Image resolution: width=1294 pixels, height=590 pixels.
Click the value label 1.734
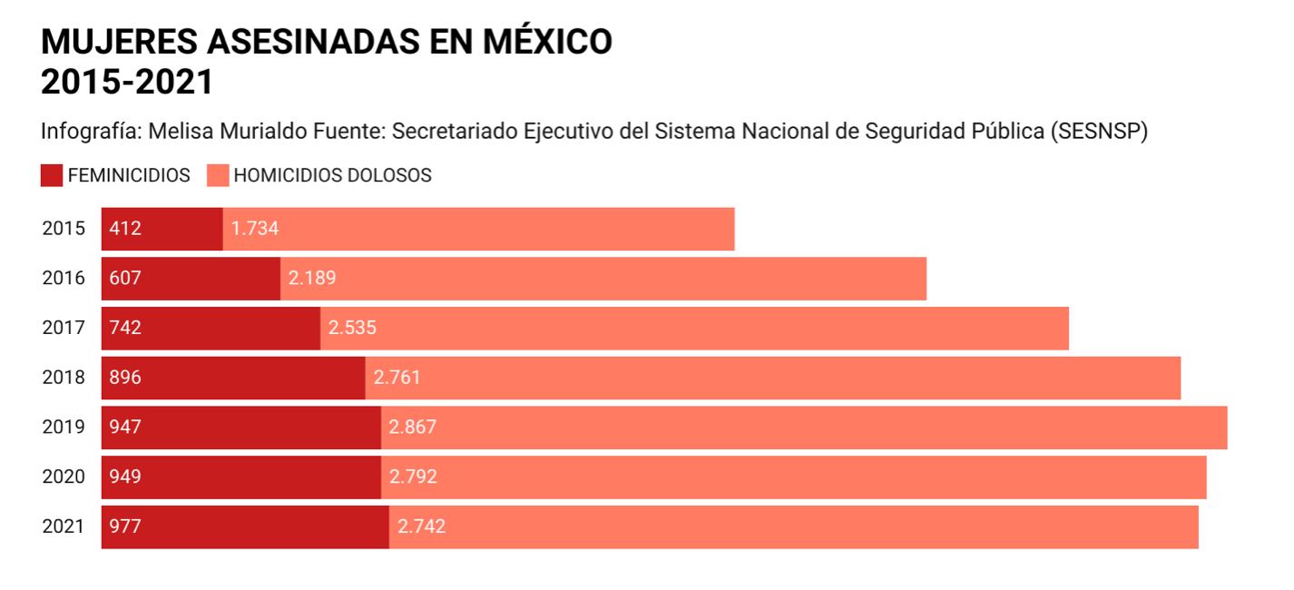pos(255,229)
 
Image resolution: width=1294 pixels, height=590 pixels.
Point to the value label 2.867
pos(413,428)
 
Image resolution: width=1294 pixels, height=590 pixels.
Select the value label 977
pos(125,526)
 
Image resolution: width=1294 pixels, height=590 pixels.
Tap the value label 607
pos(125,279)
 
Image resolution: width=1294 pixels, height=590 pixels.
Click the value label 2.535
pos(352,328)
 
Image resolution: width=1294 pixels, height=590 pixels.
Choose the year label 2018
pos(64,378)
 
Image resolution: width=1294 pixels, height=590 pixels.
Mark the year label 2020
pos(64,477)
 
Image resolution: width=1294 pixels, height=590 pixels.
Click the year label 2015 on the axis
pos(64,229)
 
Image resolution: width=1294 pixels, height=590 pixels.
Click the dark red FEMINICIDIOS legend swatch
pos(52,175)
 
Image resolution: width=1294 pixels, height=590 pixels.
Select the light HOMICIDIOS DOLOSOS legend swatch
pos(218,175)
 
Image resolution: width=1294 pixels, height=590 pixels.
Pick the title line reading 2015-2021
pos(127,82)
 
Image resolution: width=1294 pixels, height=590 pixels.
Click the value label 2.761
pos(397,378)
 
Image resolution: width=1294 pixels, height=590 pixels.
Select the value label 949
pos(125,477)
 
